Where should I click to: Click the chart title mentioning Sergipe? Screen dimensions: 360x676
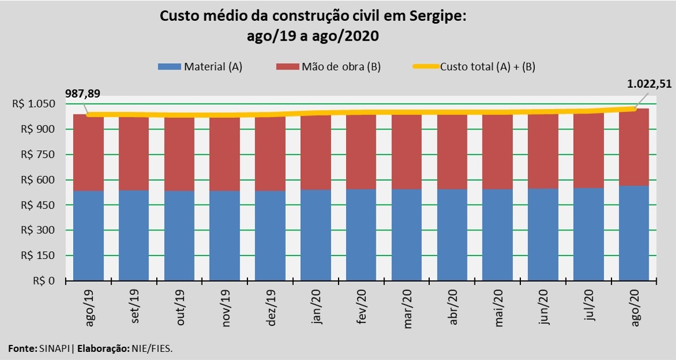(x=313, y=26)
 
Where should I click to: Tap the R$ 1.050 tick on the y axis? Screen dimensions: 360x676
(x=35, y=104)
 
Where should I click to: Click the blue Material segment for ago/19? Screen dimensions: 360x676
(x=88, y=236)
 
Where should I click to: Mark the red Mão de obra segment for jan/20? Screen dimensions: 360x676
(x=315, y=152)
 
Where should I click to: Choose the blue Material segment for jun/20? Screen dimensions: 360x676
(x=543, y=235)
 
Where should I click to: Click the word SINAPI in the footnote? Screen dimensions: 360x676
(x=55, y=348)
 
